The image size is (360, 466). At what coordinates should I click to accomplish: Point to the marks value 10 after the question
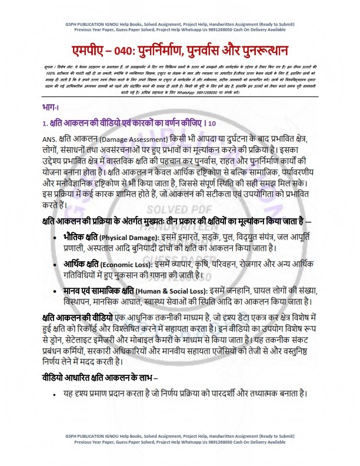click(212, 124)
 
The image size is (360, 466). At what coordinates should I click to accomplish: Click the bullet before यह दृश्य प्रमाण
click(54, 394)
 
